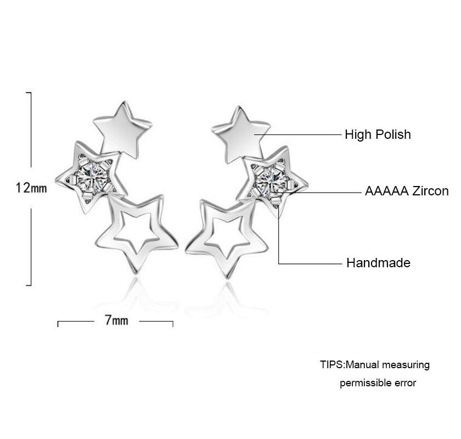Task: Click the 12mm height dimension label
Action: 31,188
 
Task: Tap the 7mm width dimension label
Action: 116,320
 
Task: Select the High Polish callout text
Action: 378,134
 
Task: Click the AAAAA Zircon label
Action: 407,191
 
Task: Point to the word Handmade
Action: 378,263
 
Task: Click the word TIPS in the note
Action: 331,365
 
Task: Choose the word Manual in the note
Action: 364,365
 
